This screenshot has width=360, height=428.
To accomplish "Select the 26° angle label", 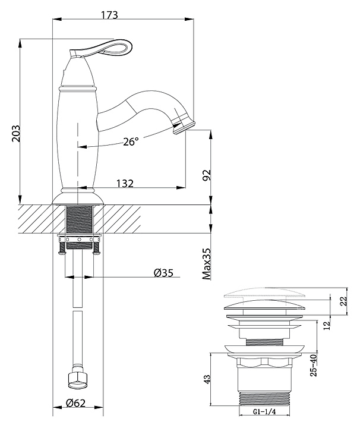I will (x=131, y=141).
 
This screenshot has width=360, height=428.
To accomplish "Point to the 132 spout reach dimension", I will (x=124, y=183).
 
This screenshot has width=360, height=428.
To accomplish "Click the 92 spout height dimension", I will (x=207, y=176).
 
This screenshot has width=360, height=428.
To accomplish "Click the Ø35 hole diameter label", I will (x=163, y=273).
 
